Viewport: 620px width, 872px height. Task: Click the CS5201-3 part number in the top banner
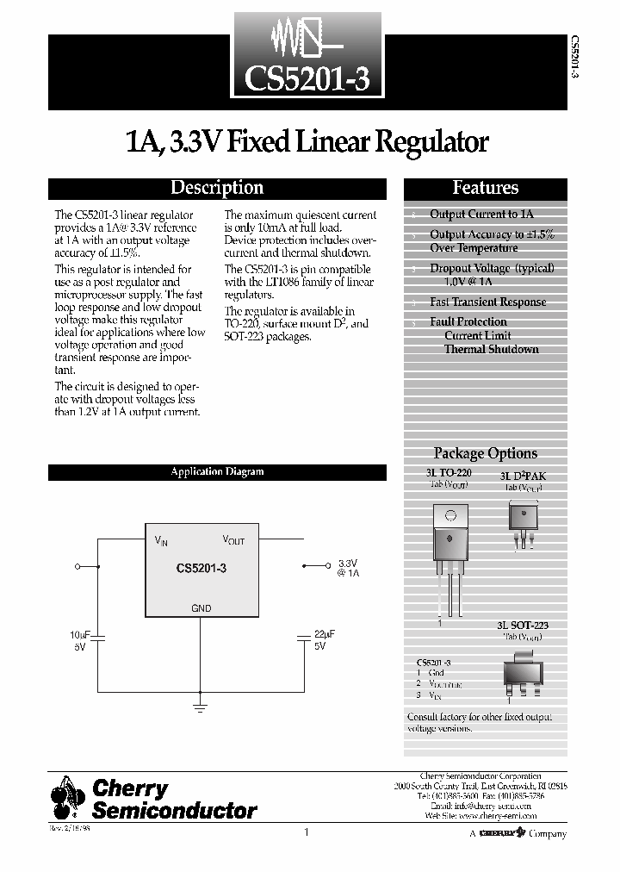pyautogui.click(x=307, y=78)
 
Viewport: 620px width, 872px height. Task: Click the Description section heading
pyautogui.click(x=217, y=188)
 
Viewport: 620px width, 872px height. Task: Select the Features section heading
pyautogui.click(x=486, y=188)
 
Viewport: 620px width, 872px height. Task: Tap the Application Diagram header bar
pyautogui.click(x=217, y=472)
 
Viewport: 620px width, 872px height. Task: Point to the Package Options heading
pyautogui.click(x=485, y=453)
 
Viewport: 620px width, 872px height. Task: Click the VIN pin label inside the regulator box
pyautogui.click(x=161, y=541)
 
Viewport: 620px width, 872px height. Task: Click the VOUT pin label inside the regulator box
pyautogui.click(x=233, y=540)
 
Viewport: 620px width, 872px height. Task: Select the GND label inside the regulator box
pyautogui.click(x=201, y=608)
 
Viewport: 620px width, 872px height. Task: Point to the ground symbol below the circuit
pyautogui.click(x=201, y=706)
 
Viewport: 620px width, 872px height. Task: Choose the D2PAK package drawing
pyautogui.click(x=522, y=522)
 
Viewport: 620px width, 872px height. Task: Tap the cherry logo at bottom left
pyautogui.click(x=68, y=798)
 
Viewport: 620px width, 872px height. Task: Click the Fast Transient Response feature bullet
pyautogui.click(x=487, y=302)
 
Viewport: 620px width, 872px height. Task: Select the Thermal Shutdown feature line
pyautogui.click(x=491, y=350)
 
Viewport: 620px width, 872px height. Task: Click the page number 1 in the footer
pyautogui.click(x=306, y=832)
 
